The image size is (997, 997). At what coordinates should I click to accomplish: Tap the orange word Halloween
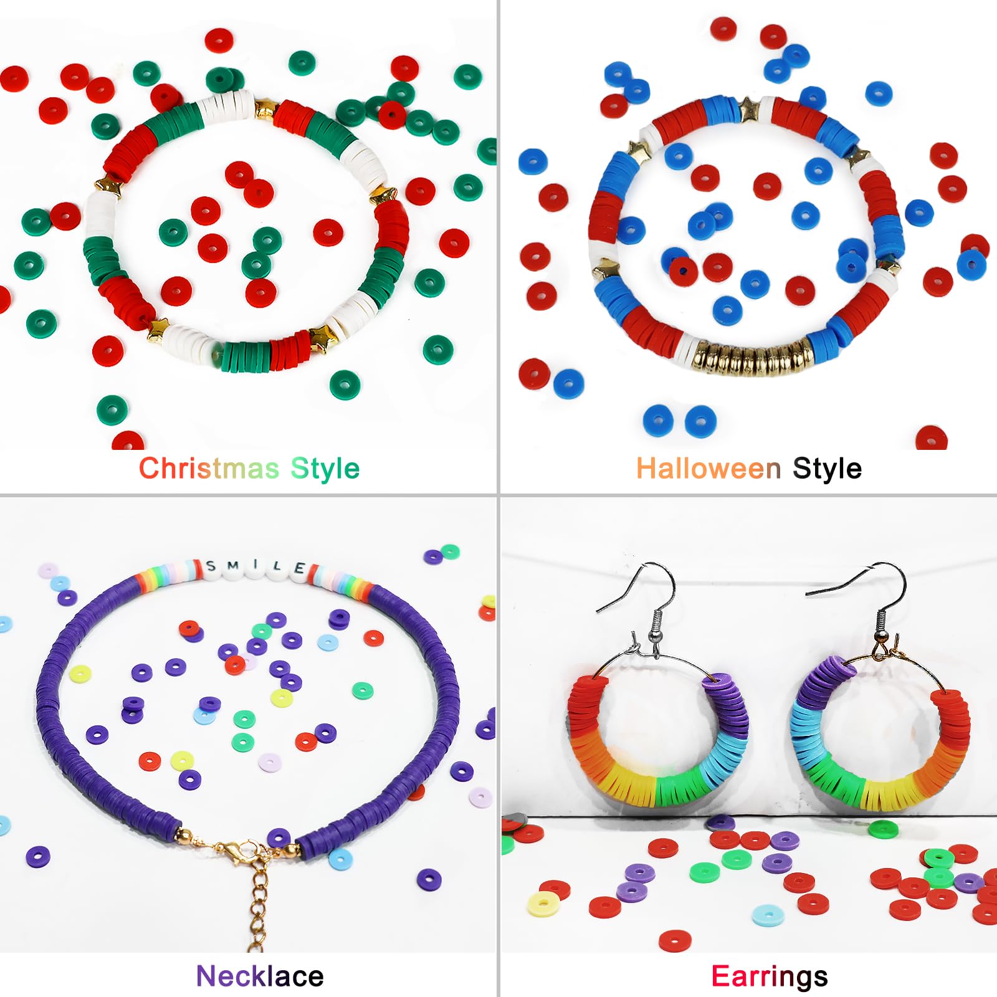point(708,469)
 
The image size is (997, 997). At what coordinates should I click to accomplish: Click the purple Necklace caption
point(260,976)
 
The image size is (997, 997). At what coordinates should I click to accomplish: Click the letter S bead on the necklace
point(211,567)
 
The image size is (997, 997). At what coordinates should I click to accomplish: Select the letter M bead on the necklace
point(232,566)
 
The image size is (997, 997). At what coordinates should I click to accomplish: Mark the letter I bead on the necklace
point(255,566)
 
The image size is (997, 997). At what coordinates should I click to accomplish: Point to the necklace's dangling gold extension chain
point(259,904)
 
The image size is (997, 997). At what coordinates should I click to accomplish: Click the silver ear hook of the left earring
point(642,608)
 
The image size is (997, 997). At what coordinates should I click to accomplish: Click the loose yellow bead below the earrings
point(543,904)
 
